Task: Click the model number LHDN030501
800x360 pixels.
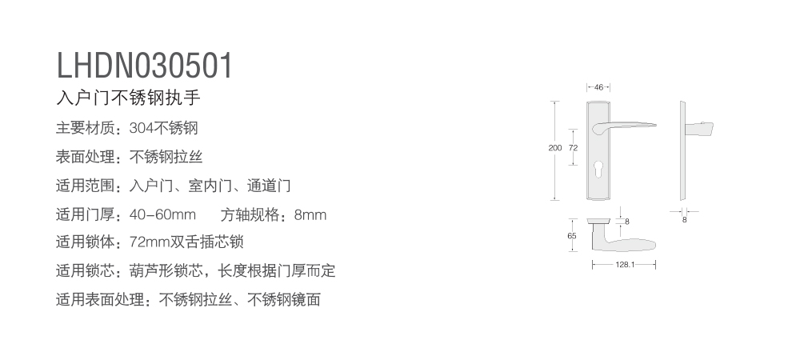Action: coord(144,66)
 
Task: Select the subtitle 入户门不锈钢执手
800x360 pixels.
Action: coord(128,98)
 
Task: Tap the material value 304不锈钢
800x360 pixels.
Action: coord(163,128)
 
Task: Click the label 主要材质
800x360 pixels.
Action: coord(85,128)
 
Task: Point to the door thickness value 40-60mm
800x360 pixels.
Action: coord(162,214)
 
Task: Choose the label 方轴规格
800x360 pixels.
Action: coord(250,215)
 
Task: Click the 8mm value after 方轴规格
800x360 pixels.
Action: coord(310,215)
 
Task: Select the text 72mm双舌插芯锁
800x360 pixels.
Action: coord(186,242)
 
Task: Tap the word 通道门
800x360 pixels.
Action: coord(269,186)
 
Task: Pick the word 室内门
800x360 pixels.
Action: coord(210,186)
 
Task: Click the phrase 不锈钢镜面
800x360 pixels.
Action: coord(284,300)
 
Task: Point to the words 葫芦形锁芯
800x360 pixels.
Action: coord(166,270)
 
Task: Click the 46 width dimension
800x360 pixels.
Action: coord(598,87)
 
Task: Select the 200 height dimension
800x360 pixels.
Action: coord(554,148)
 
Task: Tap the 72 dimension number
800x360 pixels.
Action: coord(574,148)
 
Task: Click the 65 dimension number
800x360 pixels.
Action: coord(572,235)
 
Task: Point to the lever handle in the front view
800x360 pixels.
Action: coord(624,126)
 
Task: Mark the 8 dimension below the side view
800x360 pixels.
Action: coord(685,220)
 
